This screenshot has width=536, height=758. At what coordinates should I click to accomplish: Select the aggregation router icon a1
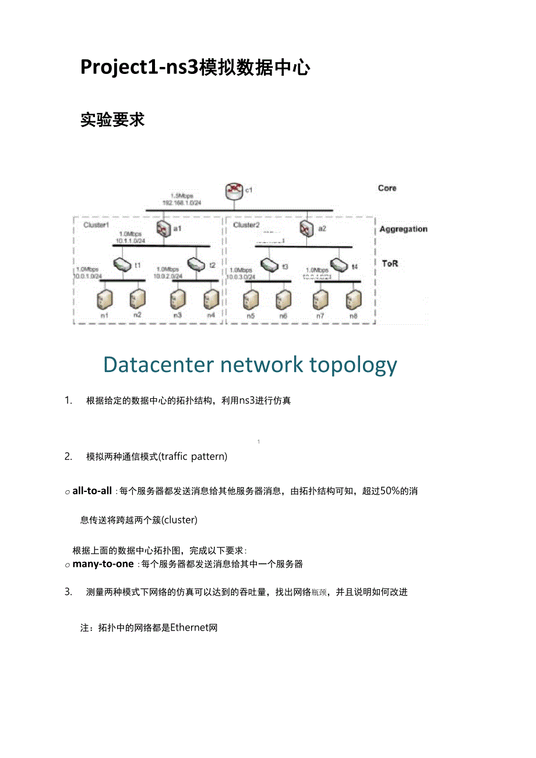[161, 228]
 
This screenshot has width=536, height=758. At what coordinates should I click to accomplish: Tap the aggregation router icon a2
[306, 228]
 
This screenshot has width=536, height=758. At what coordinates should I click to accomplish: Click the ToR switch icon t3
[269, 265]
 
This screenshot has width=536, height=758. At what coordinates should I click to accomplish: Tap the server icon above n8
[353, 299]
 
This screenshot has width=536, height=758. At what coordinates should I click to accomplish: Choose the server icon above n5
[251, 299]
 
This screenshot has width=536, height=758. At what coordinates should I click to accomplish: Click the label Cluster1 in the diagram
[96, 225]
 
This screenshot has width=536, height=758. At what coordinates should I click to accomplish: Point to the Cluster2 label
[246, 225]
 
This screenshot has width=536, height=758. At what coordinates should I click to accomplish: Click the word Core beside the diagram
[387, 188]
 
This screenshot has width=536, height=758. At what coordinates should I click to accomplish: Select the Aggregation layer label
[403, 229]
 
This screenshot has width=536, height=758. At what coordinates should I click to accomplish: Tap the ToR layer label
[389, 263]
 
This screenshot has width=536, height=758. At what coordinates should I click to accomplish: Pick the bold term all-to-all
[92, 491]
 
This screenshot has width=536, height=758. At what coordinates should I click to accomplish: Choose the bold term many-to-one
[103, 564]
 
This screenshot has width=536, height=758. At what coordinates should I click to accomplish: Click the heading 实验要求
[112, 120]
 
